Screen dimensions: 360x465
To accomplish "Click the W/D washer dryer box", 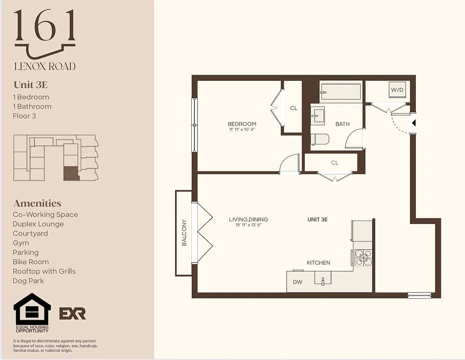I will [x=397, y=90].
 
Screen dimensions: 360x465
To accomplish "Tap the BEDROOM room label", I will [x=242, y=124].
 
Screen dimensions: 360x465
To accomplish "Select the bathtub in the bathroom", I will [x=341, y=92].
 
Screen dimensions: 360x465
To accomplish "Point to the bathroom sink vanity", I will [x=318, y=115].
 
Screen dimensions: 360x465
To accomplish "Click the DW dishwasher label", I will [x=298, y=282].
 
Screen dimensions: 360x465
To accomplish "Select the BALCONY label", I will [x=184, y=233].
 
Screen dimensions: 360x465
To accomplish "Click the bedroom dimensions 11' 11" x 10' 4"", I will [x=242, y=130].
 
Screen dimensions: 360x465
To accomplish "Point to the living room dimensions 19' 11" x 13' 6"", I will [x=248, y=225].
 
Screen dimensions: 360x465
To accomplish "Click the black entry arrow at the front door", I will [x=414, y=123].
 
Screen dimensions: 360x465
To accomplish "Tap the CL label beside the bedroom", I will [x=293, y=108].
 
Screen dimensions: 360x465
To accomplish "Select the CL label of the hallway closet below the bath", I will [x=334, y=163].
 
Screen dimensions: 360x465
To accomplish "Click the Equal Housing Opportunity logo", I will [x=32, y=312].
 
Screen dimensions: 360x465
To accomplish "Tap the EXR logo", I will [x=72, y=313].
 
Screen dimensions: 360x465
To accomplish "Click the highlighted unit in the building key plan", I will [x=71, y=174].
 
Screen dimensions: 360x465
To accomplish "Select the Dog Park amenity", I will [x=29, y=281].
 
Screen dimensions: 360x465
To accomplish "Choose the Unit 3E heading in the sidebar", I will [x=31, y=85].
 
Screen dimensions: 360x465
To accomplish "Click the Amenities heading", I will [x=37, y=203].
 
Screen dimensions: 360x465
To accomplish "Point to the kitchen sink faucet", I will [x=323, y=281].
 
